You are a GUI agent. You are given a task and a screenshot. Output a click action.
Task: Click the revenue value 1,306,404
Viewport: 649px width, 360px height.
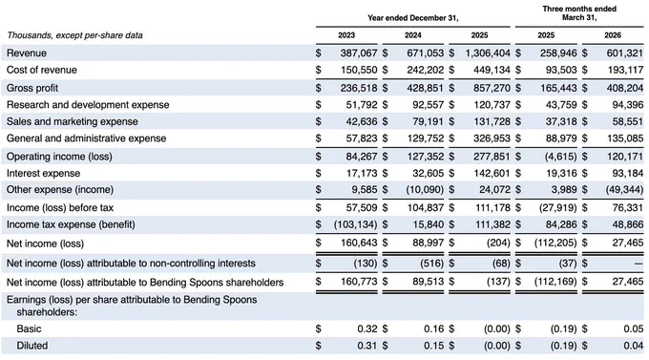coord(488,53)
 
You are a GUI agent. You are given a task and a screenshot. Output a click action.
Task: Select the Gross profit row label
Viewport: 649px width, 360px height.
coord(32,88)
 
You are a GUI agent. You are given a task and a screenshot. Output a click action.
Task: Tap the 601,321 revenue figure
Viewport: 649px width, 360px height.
coord(625,53)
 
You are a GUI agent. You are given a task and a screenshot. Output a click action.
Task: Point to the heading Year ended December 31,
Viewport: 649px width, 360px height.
coord(413,18)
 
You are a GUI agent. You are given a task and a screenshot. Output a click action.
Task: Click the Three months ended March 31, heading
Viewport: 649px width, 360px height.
coord(579,13)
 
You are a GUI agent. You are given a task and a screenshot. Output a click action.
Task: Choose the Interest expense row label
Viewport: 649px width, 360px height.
coord(44,173)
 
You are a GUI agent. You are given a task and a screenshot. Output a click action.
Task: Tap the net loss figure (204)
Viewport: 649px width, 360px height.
coord(498,243)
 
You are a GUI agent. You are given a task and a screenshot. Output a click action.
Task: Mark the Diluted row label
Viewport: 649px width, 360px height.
coord(31,346)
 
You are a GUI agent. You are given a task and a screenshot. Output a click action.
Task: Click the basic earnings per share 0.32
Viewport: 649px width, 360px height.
coord(367,328)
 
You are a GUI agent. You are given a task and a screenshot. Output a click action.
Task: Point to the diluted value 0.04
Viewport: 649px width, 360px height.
coord(634,346)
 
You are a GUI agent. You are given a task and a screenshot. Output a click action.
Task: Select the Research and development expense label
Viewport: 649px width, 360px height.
coord(88,105)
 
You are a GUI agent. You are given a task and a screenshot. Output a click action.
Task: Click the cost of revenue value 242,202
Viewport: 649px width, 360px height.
coord(425,70)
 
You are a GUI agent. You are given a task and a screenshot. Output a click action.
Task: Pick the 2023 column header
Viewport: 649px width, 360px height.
coord(346,35)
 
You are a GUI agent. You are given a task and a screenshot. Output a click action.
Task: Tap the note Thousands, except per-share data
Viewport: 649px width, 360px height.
coord(74,35)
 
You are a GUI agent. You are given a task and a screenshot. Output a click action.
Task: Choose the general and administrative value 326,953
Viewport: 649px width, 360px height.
coord(492,138)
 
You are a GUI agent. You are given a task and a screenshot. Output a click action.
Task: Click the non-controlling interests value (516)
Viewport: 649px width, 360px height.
coord(431,263)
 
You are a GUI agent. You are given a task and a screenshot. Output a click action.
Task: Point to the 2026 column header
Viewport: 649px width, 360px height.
coord(613,35)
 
